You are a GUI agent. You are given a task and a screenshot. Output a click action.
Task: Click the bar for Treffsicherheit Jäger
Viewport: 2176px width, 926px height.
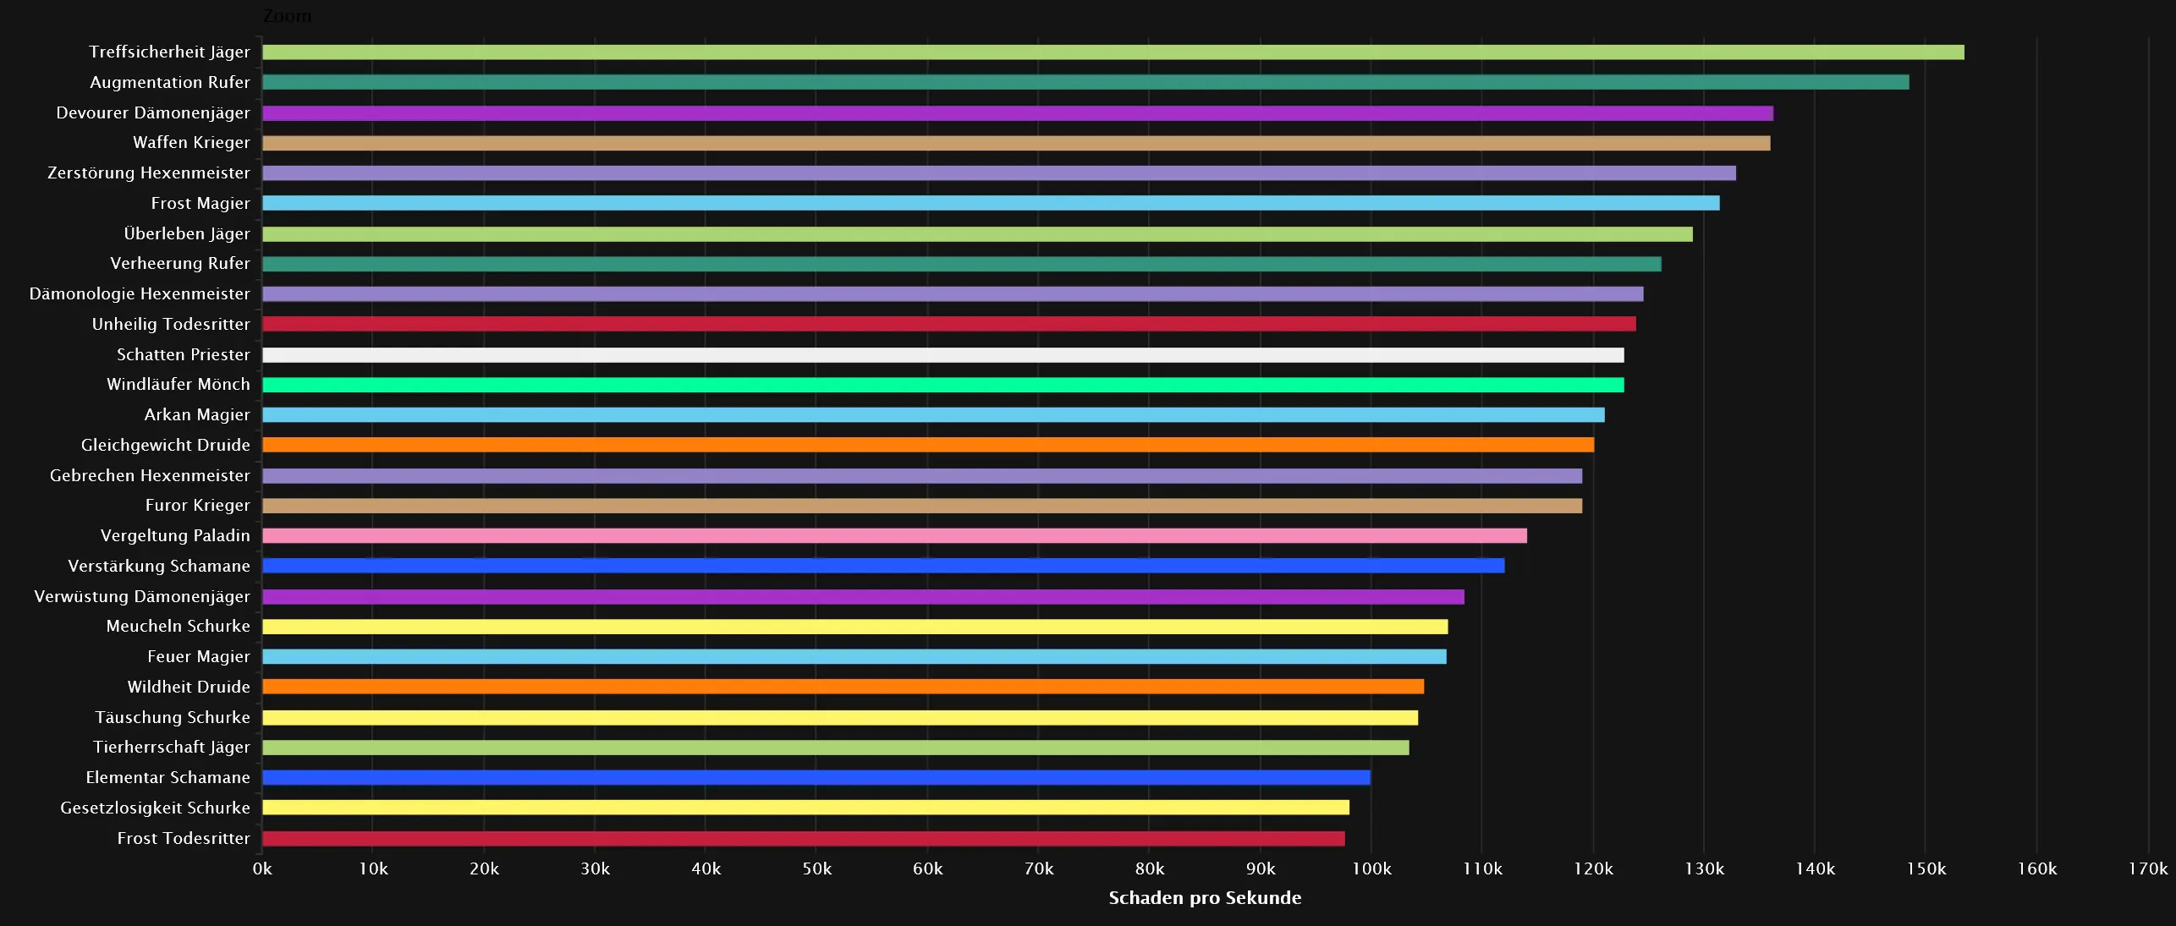pos(1113,52)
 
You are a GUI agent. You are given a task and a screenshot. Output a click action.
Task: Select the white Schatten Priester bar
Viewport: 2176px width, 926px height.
pos(942,355)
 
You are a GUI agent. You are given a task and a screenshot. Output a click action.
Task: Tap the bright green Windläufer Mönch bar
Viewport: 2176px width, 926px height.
pos(942,385)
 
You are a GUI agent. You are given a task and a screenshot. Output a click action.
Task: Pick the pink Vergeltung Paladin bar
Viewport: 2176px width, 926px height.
pos(894,536)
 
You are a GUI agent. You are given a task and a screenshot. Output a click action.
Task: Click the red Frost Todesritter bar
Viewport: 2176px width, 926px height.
pos(803,839)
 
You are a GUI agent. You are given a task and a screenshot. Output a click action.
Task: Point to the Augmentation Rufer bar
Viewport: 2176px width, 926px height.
pos(1085,83)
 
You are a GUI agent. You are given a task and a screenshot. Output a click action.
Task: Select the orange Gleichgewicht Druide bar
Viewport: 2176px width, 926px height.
pos(927,445)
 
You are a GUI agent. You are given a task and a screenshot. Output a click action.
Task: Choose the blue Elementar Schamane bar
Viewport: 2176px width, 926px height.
pos(816,778)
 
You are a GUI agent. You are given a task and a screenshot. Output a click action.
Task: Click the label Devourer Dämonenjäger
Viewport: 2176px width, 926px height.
pos(153,113)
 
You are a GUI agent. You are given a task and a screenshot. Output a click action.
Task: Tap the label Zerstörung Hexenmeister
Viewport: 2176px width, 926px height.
pos(149,173)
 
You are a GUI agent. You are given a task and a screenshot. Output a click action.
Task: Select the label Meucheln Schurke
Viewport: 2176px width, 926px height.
pos(179,627)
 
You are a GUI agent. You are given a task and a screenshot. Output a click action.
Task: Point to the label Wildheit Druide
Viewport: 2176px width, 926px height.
pos(189,688)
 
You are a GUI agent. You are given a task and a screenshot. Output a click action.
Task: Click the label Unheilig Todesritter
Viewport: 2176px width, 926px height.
pos(171,325)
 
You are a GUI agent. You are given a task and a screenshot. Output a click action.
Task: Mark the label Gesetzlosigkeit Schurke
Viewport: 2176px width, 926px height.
pos(156,808)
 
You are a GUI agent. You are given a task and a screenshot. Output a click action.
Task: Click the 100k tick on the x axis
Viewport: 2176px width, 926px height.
pos(1371,869)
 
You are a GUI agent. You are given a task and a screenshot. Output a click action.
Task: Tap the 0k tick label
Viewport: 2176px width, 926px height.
pos(262,869)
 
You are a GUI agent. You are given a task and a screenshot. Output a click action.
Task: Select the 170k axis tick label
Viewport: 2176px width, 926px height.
pos(2147,869)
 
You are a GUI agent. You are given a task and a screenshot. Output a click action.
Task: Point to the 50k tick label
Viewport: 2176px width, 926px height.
pos(816,869)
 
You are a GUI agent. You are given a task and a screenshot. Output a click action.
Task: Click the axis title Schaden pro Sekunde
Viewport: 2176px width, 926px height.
pos(1205,898)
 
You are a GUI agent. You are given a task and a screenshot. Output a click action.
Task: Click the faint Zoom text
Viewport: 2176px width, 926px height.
pos(287,16)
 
